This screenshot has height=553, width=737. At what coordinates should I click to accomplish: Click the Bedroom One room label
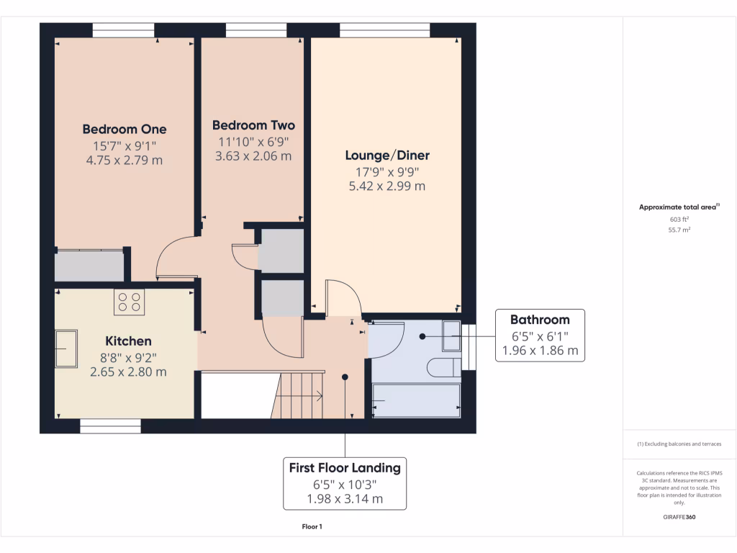pos(124,130)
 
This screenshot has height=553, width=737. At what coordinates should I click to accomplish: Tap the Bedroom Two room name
pos(253,125)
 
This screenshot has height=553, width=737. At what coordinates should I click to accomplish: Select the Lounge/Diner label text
pos(387,156)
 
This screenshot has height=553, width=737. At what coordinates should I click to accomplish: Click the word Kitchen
pos(128,341)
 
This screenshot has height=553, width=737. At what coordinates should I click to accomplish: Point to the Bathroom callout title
pos(540,320)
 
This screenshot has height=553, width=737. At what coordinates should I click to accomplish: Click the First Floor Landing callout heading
pos(345,468)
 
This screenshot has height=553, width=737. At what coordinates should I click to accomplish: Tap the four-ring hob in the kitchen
pos(129,302)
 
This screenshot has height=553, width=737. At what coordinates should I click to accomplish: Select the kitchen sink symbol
pos(66,349)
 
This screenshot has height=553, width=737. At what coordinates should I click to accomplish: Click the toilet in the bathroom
pos(443,368)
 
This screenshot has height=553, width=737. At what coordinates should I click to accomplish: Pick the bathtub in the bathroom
pos(416,400)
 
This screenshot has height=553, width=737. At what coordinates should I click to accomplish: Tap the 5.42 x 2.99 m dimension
pos(386,186)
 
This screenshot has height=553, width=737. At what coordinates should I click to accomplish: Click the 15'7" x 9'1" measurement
pos(124,146)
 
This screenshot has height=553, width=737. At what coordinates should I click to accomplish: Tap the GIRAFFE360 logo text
pos(679,517)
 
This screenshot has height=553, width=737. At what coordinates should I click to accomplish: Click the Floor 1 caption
pos(312,527)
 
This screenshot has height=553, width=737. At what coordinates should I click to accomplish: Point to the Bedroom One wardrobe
pos(89,265)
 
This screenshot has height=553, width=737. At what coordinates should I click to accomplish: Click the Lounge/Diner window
pos(385,30)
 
